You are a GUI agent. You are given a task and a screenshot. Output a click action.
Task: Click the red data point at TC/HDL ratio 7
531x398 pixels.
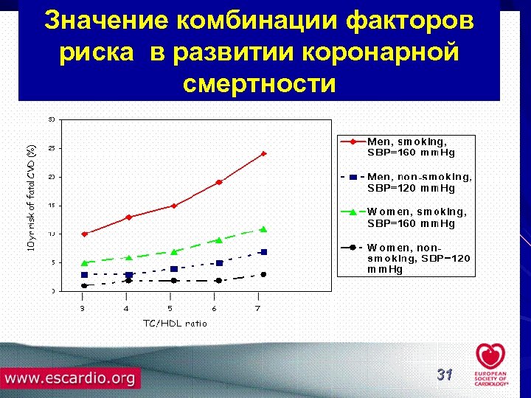point(263,154)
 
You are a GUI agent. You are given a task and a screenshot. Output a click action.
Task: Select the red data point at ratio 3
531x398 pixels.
point(85,234)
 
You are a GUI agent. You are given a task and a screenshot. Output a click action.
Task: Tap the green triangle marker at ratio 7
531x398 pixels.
point(263,229)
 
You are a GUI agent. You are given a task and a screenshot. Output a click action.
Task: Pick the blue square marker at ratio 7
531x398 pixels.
point(263,252)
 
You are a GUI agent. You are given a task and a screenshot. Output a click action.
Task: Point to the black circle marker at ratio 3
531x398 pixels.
point(85,285)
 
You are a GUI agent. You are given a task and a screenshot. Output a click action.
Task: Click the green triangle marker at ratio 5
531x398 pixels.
point(173,251)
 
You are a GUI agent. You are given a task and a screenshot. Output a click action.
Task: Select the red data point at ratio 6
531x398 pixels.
point(219,182)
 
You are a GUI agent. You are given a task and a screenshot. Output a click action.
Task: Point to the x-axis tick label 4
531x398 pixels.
point(126,309)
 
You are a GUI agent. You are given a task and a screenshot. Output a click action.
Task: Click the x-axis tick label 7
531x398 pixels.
point(257,309)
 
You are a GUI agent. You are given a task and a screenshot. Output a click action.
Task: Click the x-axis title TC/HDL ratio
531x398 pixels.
point(175,323)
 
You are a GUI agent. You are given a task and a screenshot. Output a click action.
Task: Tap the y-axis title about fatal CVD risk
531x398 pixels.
point(32,195)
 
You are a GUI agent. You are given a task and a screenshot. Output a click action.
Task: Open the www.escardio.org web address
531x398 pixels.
point(71,379)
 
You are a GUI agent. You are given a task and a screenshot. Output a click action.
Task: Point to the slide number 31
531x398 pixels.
point(444,375)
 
